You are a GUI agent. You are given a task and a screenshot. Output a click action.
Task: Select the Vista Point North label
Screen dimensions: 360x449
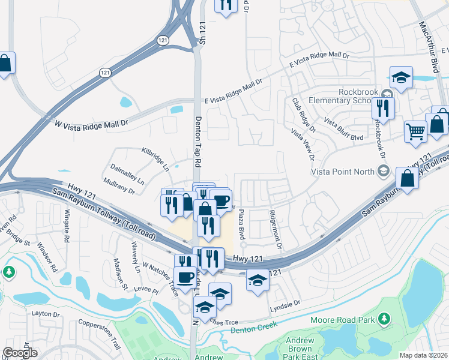tap(342, 171)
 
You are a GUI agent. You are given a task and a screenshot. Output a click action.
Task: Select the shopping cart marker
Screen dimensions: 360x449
tap(415, 131)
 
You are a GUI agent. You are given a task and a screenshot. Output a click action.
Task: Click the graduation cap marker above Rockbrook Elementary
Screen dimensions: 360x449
tap(400, 77)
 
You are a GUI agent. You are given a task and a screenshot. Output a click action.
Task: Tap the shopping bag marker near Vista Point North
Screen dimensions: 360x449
tap(407, 178)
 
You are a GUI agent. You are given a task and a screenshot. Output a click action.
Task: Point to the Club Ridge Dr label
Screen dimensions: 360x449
tap(304, 115)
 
